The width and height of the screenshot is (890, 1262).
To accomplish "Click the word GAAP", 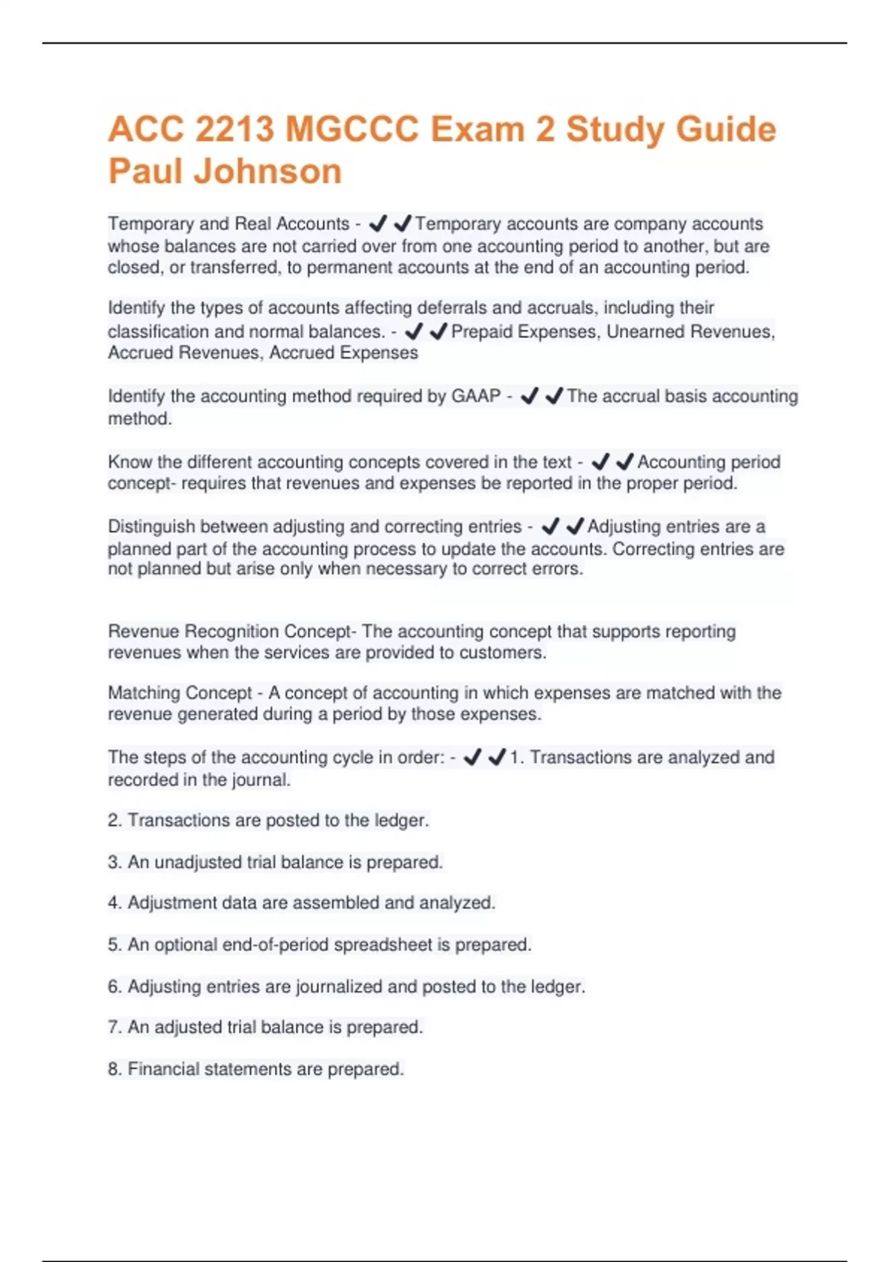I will tap(476, 396).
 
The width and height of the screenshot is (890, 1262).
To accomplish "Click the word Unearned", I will tap(644, 332).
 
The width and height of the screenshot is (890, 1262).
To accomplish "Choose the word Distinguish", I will tap(151, 527).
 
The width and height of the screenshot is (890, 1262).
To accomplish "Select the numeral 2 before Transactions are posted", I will tap(113, 821).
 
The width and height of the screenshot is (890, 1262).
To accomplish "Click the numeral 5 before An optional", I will tap(113, 945).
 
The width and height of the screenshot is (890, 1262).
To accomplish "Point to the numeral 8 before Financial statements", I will tap(113, 1070).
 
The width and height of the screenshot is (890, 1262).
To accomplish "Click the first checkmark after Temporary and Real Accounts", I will tap(378, 223).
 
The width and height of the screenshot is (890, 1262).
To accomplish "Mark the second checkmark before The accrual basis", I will tap(554, 396).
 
